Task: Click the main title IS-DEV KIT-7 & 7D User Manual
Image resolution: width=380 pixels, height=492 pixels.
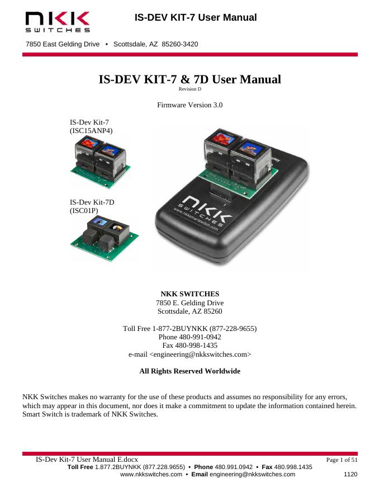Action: pos(189,79)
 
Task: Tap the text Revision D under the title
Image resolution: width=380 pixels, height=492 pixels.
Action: pos(189,89)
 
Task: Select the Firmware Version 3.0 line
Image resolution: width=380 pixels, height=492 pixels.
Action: pos(190,105)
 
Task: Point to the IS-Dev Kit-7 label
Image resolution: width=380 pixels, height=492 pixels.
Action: pos(85,122)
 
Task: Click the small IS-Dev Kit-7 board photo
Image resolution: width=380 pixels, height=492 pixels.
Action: pos(100,163)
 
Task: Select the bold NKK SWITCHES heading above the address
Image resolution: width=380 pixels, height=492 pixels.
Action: pos(190,294)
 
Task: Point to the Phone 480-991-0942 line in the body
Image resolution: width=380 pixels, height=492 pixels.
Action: pos(190,338)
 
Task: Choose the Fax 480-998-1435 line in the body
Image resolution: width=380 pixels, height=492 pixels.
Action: pos(190,346)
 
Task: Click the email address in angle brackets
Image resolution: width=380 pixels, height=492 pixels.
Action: pos(190,354)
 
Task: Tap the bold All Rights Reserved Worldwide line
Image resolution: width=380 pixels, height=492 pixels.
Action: pos(190,371)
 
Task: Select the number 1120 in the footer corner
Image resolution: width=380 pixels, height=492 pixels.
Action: pos(350,475)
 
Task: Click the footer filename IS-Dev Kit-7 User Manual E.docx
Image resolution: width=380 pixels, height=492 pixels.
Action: pos(91,459)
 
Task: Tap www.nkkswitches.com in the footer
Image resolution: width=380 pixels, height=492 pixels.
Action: pos(151,475)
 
